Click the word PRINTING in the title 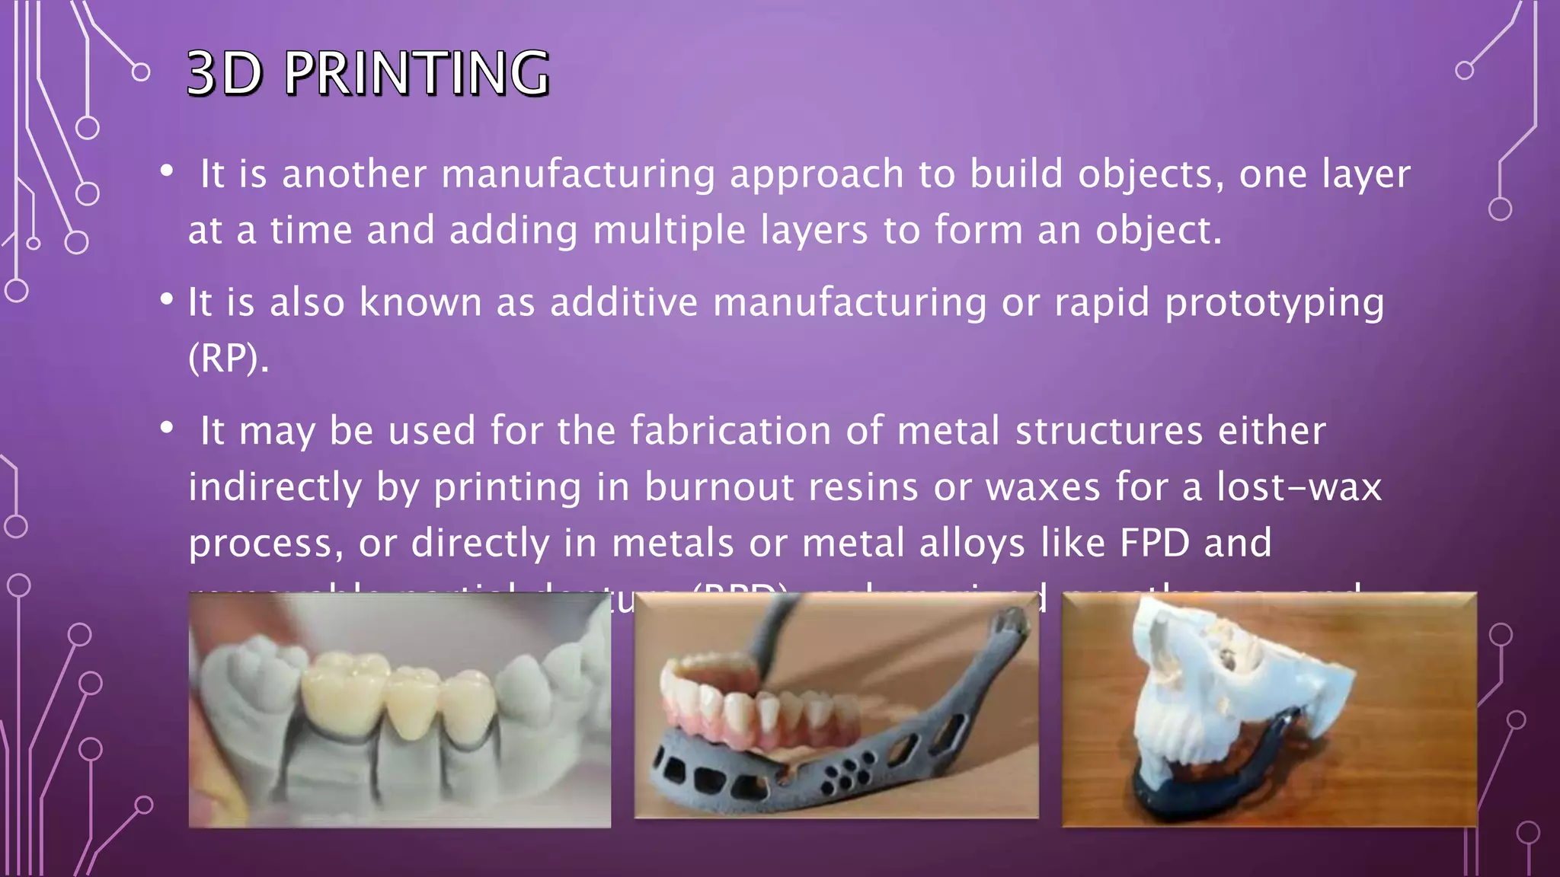coord(417,73)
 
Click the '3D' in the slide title coord(225,73)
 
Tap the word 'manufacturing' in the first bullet coord(578,174)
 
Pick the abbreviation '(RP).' coord(229,358)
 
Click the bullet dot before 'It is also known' coord(167,300)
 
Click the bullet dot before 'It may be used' coord(167,429)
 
